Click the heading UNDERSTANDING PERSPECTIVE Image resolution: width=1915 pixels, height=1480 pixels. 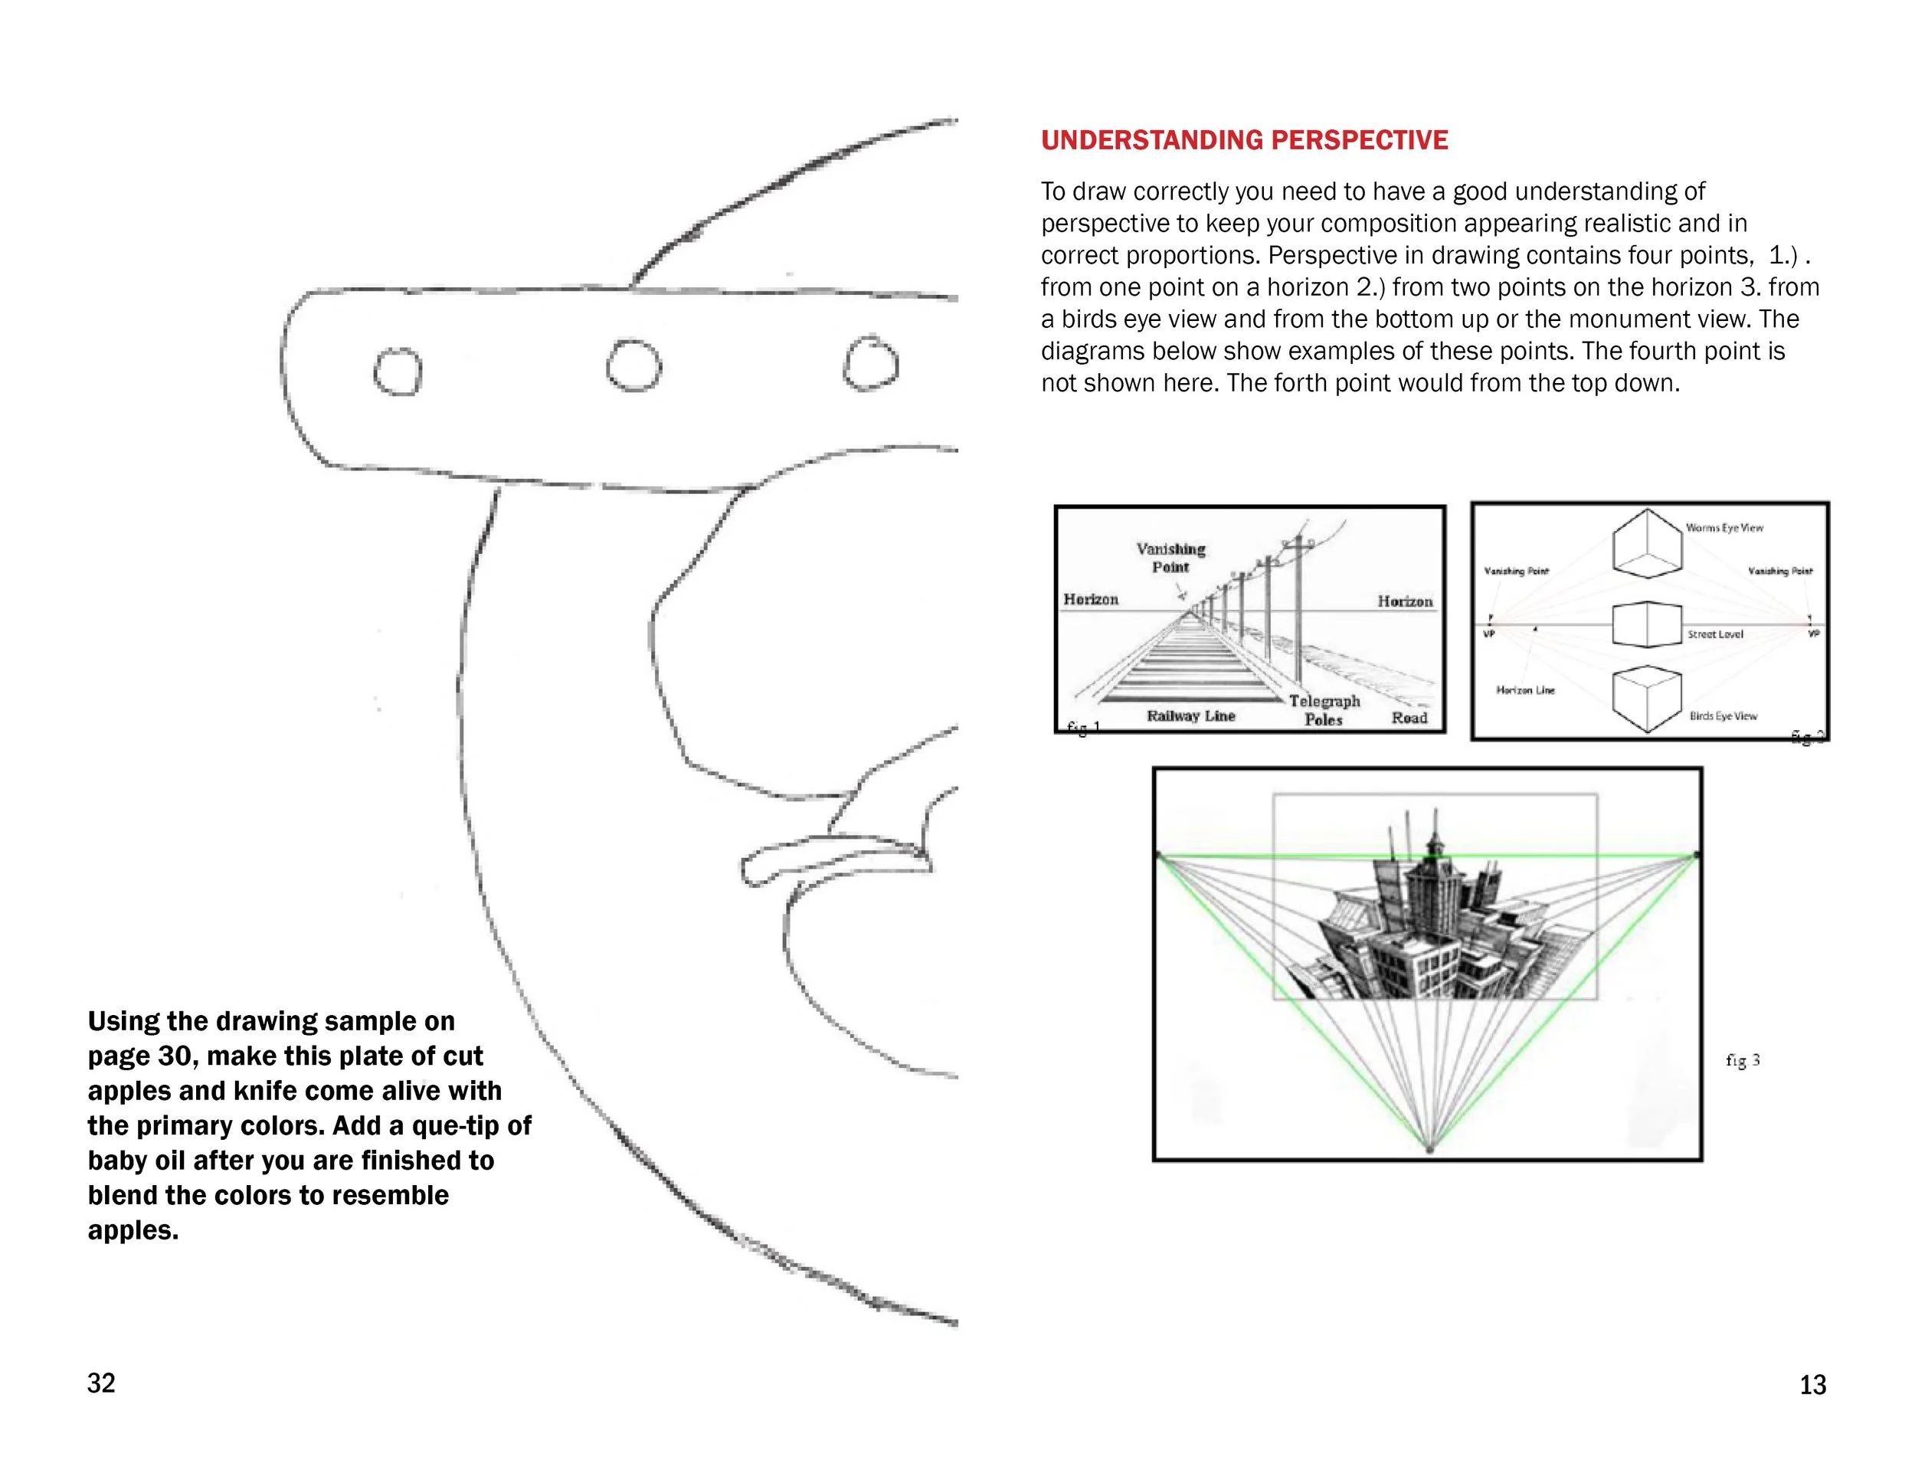[1244, 140]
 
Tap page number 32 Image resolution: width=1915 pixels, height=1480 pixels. [101, 1383]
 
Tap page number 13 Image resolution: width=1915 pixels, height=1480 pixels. [1812, 1384]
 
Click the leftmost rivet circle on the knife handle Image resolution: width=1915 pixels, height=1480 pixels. [398, 371]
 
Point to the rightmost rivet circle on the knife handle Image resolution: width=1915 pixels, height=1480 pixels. [870, 363]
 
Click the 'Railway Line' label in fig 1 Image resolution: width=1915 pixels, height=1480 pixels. [1190, 715]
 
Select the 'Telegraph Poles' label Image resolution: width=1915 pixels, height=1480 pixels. [1324, 710]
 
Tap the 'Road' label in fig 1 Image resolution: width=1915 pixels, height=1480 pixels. [1409, 717]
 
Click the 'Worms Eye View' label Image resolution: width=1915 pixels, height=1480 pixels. [1723, 528]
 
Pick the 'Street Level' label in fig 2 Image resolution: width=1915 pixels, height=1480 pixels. [1715, 634]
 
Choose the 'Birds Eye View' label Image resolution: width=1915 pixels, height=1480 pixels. [1723, 715]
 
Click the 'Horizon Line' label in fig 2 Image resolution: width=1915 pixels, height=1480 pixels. [1525, 690]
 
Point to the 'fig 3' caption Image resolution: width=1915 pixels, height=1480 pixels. [1742, 1060]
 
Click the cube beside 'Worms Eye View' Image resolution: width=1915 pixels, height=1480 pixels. [1647, 544]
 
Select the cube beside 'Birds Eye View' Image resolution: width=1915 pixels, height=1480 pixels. [1647, 699]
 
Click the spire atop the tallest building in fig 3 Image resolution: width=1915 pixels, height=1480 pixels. [1435, 824]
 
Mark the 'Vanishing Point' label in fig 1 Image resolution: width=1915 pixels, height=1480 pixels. [1170, 558]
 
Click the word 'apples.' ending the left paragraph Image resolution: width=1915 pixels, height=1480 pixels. [133, 1230]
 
